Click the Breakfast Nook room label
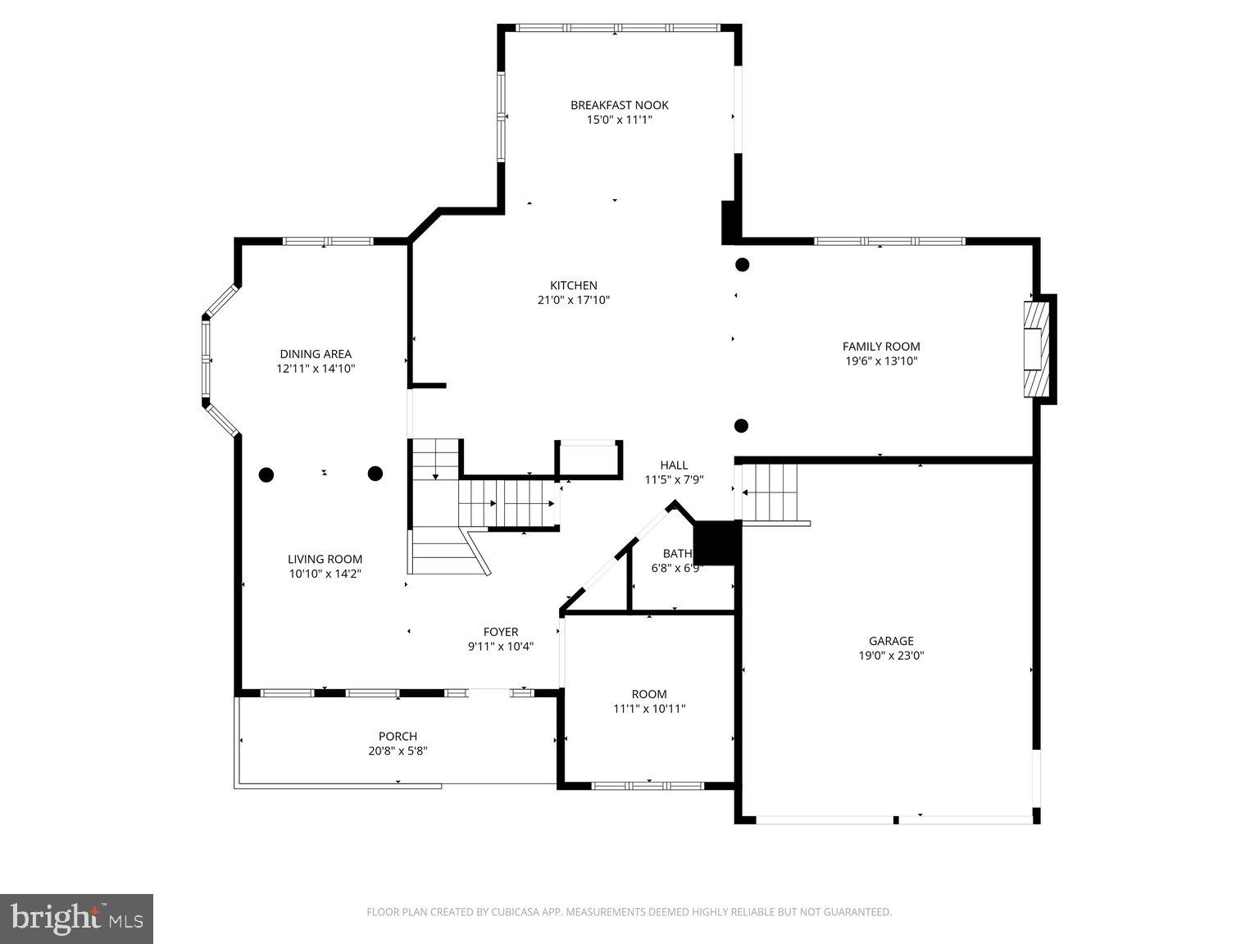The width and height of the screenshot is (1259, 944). point(619,105)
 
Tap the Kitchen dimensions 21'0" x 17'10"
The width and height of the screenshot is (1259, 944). point(573,301)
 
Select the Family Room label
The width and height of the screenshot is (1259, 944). point(881,347)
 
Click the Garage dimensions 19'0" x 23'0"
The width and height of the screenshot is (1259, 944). point(891,656)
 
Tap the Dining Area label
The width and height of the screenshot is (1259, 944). point(316,354)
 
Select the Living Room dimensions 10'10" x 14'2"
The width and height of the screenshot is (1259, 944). point(325,574)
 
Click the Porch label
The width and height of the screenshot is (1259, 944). point(398,736)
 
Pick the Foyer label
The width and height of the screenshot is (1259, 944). point(500,632)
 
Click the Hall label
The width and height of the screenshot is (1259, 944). point(674,465)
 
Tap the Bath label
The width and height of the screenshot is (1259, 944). point(677,554)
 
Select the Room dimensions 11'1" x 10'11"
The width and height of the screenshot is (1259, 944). point(649,709)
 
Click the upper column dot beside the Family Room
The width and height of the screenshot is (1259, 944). point(742,265)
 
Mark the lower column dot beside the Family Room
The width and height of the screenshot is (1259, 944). point(741,425)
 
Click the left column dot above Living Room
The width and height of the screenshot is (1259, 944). point(266,474)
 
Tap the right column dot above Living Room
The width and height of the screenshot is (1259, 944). point(375,473)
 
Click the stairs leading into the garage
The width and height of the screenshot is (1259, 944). point(770,492)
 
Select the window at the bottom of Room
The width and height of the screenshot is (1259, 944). point(648,786)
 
